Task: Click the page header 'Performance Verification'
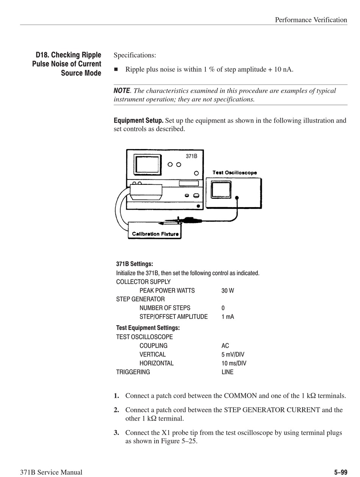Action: [x=311, y=20]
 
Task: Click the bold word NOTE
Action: [x=122, y=91]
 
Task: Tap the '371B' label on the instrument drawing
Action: [x=191, y=156]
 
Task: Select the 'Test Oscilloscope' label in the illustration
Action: [x=235, y=173]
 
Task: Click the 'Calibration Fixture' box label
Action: [x=155, y=234]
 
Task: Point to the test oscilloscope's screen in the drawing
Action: [x=221, y=189]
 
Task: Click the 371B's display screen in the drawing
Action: [x=147, y=165]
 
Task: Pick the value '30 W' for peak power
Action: [x=228, y=291]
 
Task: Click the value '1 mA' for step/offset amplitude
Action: [x=228, y=317]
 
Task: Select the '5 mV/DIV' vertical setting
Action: [x=233, y=355]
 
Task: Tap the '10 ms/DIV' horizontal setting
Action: [x=234, y=363]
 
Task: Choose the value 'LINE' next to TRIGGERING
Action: [x=227, y=372]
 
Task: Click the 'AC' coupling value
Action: [x=225, y=346]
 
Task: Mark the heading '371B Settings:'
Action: [x=135, y=264]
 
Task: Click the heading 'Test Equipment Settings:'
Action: [x=148, y=328]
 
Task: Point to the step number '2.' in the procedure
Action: [x=117, y=410]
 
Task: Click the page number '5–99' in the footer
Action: [x=340, y=472]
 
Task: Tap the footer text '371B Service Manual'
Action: [x=51, y=472]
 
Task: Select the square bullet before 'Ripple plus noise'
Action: [x=116, y=69]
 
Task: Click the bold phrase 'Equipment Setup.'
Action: [x=139, y=121]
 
